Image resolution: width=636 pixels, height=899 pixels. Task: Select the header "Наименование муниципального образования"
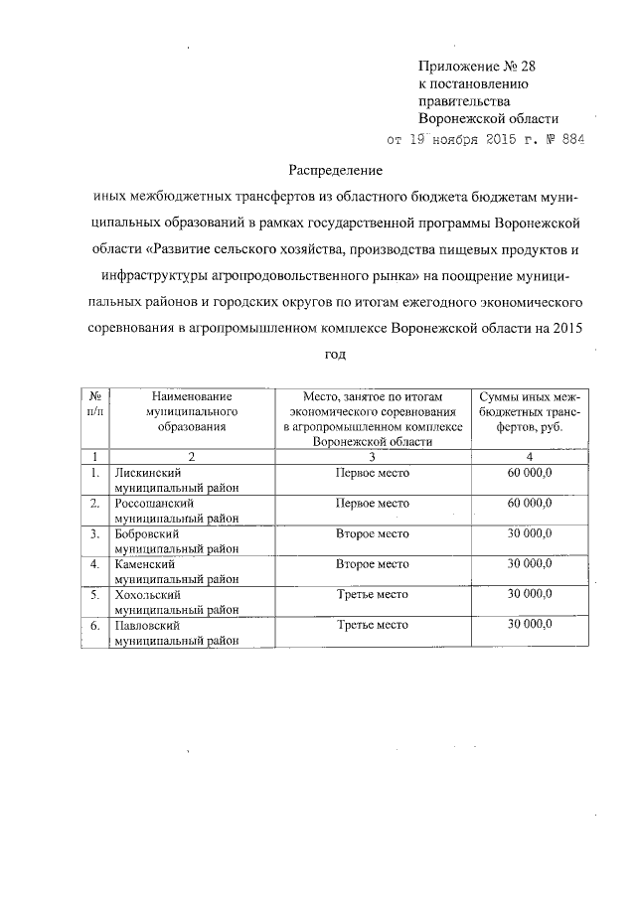click(192, 410)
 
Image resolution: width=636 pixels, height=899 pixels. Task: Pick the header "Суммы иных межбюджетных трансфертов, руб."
click(530, 410)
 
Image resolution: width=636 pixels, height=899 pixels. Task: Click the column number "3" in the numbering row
click(373, 456)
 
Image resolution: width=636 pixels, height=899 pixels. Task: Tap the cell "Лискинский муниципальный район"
click(177, 480)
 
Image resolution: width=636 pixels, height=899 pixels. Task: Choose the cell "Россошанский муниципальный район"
click(177, 511)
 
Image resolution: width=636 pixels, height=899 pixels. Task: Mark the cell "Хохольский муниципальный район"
click(177, 602)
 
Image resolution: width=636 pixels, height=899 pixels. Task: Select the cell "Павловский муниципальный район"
click(177, 633)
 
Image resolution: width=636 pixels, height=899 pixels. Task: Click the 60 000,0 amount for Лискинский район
click(530, 473)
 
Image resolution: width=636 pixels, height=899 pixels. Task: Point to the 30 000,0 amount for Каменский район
click(530, 564)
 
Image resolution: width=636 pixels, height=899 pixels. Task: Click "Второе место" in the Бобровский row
click(373, 534)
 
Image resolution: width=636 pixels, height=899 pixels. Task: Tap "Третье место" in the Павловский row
click(373, 625)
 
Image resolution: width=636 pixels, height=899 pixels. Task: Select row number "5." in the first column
click(94, 595)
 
